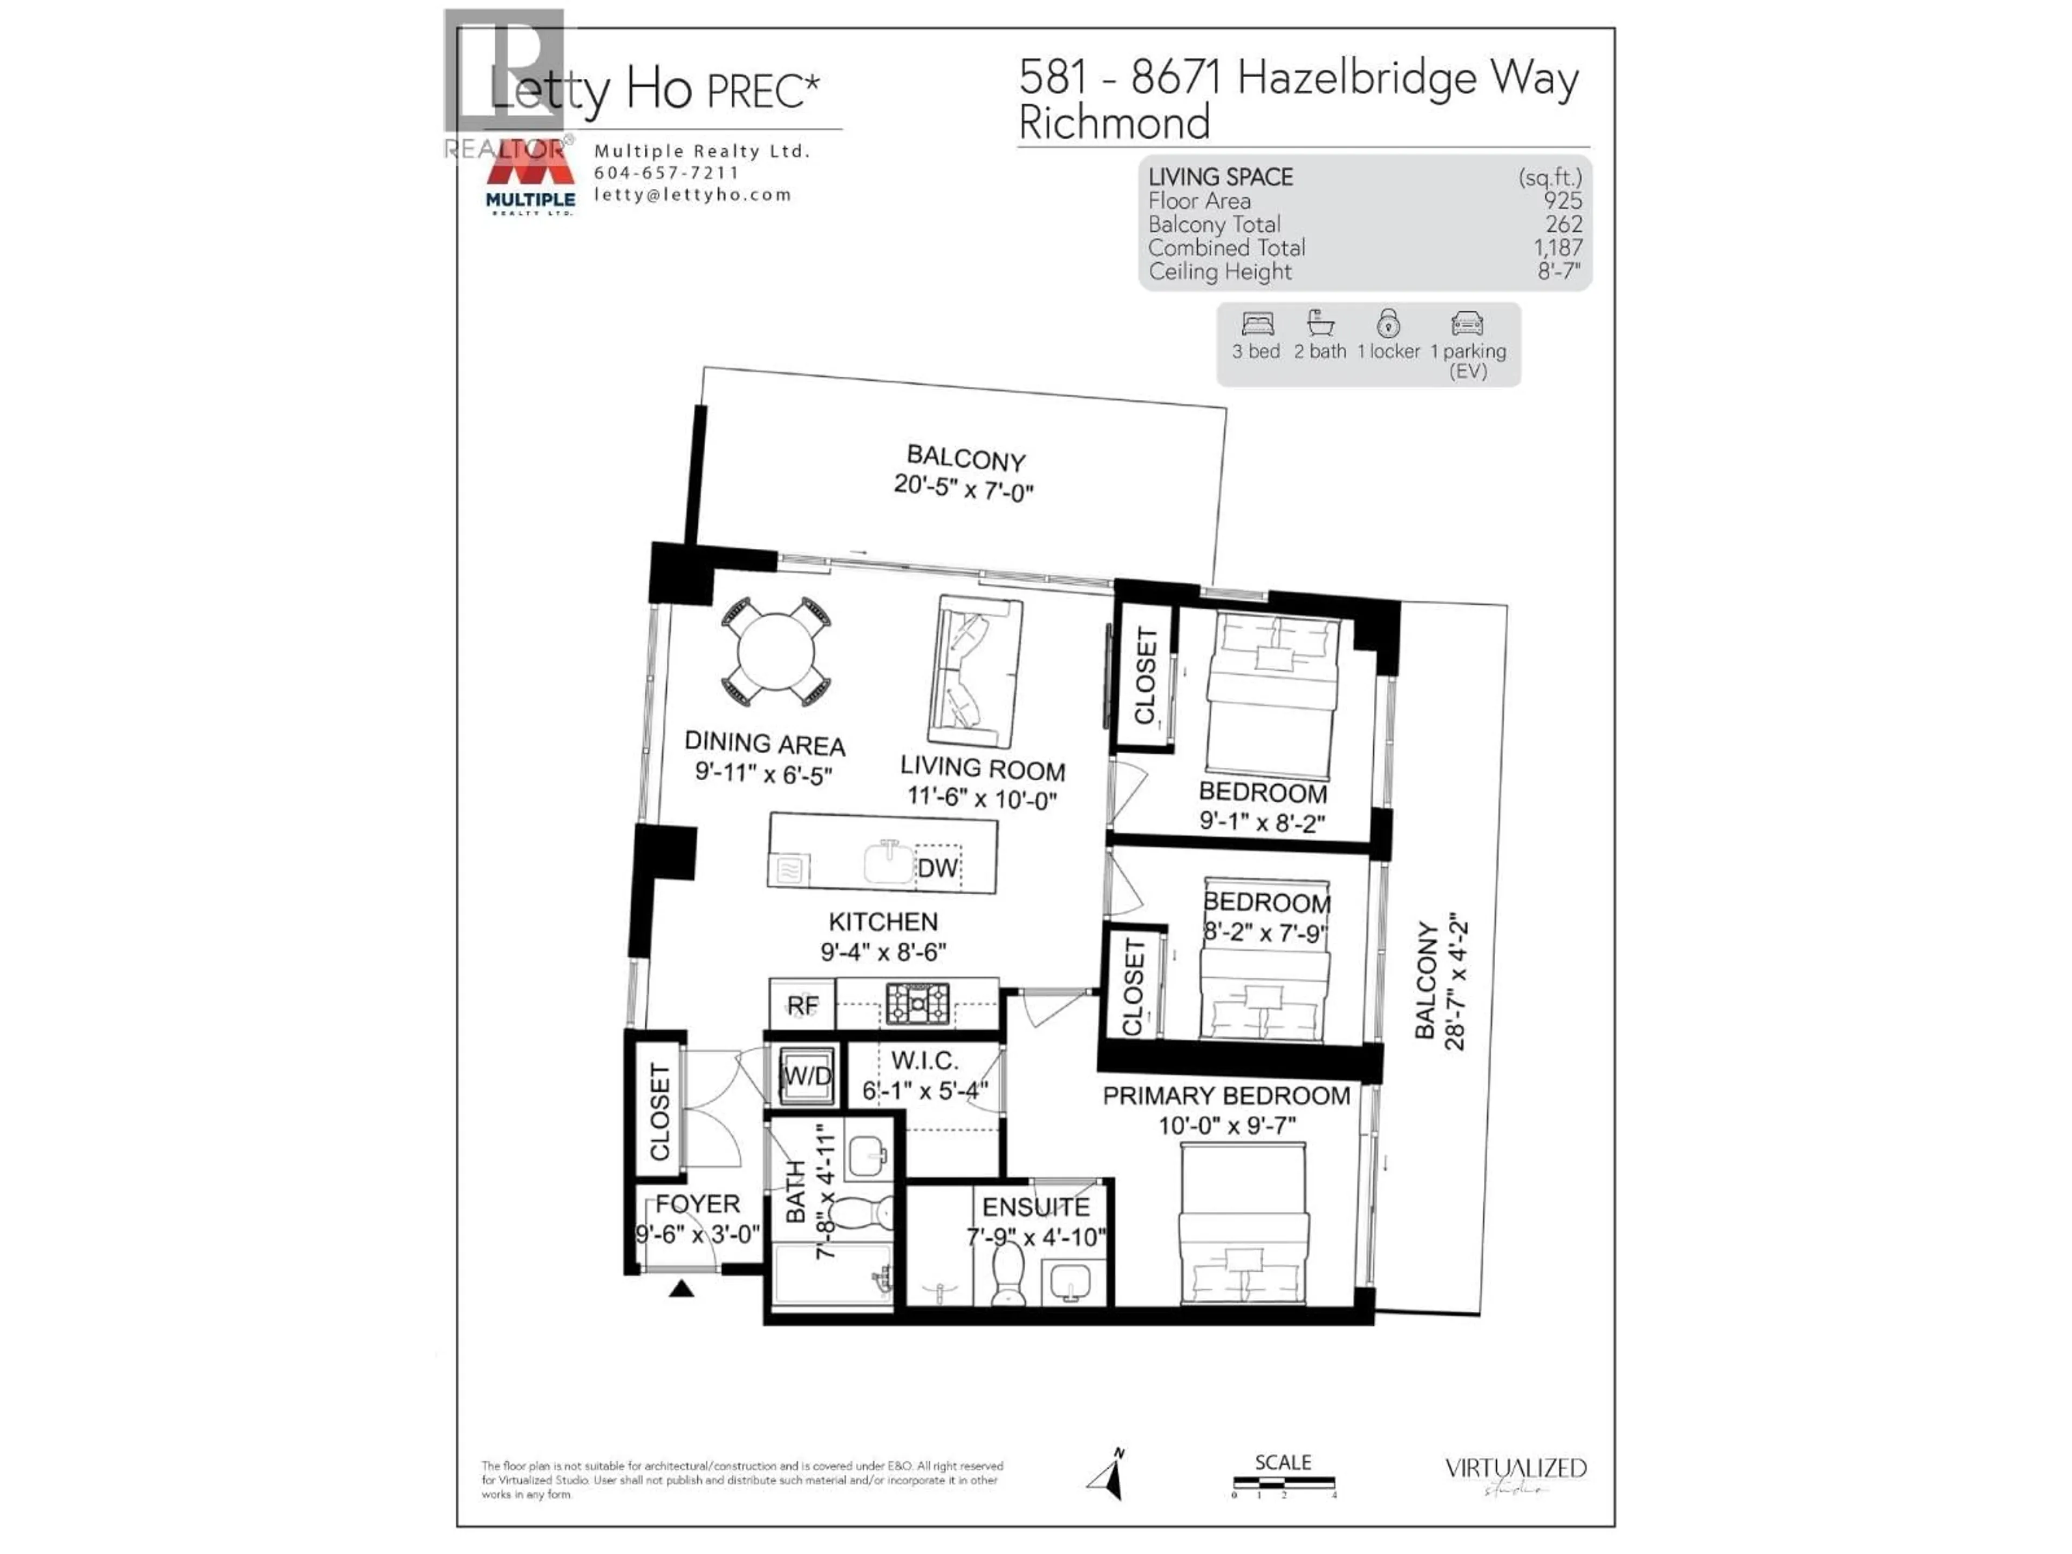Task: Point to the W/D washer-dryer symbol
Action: tap(807, 1076)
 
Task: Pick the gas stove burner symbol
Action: tap(918, 1003)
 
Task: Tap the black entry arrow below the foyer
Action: tap(681, 1289)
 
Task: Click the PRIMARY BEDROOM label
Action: tap(1226, 1096)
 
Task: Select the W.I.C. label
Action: tap(924, 1061)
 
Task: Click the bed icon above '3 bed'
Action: tap(1257, 324)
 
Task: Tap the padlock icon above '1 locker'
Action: tap(1388, 324)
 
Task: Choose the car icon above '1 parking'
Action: tap(1467, 324)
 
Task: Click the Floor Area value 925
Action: tap(1563, 201)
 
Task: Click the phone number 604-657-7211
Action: tap(666, 173)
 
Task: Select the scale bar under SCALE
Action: tap(1283, 1483)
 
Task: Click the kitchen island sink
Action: tap(888, 862)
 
